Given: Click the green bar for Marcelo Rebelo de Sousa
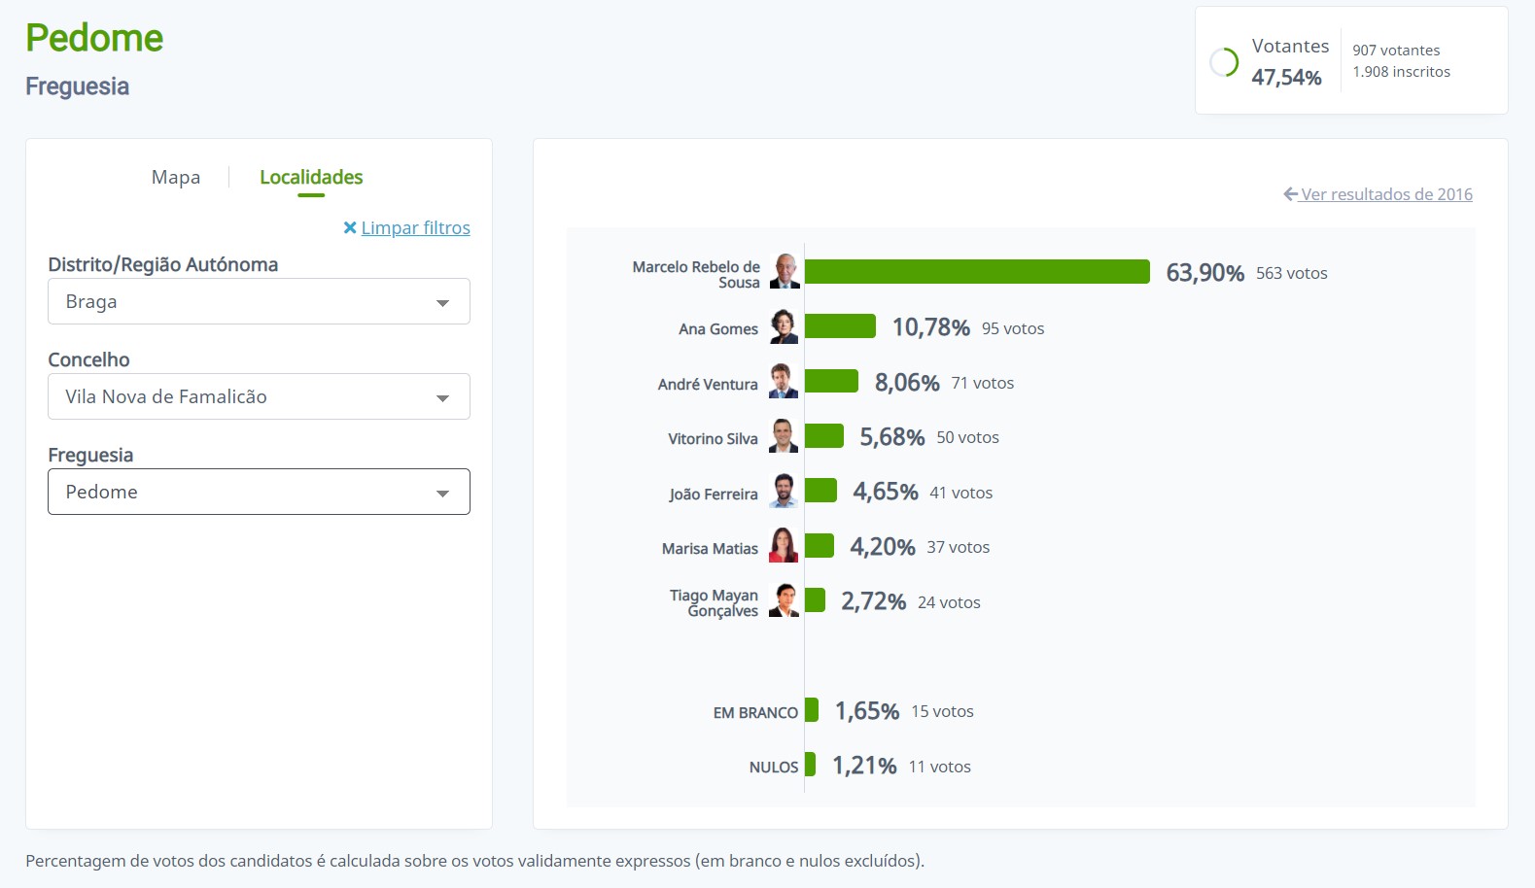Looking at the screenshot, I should (976, 272).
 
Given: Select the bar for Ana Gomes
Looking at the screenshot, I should (840, 326).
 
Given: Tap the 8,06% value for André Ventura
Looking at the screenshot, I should (906, 383).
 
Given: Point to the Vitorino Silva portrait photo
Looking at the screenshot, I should (784, 436).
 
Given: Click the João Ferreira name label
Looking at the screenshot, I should (713, 494).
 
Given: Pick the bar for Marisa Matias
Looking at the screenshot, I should (819, 546).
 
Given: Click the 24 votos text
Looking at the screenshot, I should (948, 602).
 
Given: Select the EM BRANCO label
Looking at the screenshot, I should (754, 712).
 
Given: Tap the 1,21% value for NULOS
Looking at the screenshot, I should (863, 766).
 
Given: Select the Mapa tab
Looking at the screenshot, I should (176, 177).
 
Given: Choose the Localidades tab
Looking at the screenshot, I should (311, 177).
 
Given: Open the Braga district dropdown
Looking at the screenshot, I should (259, 301).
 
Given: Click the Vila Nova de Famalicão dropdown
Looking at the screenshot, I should (259, 396).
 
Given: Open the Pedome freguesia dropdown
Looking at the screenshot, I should (259, 492).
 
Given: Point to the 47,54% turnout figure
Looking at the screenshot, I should (1285, 78).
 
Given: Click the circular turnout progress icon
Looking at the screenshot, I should (1223, 62).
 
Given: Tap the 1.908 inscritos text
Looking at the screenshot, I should (1401, 72).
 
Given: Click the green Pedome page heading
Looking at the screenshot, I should (94, 38).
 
